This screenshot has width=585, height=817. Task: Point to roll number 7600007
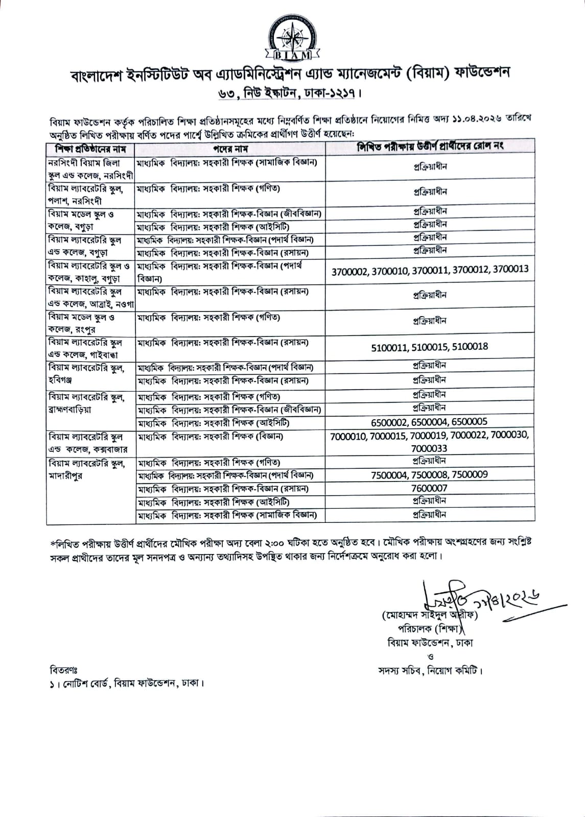point(429,488)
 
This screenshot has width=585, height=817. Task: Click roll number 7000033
point(429,448)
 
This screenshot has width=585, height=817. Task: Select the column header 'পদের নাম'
point(230,149)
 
